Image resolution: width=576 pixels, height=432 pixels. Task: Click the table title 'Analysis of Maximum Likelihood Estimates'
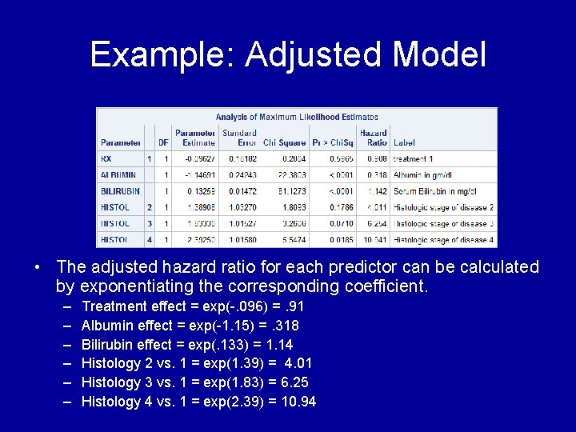[297, 118]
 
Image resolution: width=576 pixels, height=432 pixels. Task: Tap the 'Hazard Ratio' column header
[373, 138]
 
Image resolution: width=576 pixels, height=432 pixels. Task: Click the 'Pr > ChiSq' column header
[330, 142]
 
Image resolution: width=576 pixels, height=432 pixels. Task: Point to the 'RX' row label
[106, 158]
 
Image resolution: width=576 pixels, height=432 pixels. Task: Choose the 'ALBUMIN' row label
[118, 174]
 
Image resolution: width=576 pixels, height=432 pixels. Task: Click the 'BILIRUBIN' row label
[121, 191]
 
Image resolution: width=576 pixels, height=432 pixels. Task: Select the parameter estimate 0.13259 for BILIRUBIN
[199, 191]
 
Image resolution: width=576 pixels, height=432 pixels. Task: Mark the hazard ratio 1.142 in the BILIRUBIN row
[376, 191]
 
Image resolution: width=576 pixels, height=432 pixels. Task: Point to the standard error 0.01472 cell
[240, 191]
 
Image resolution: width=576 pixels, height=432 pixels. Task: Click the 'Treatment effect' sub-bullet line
[192, 306]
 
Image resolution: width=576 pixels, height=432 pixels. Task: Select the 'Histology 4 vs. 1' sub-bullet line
[198, 402]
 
